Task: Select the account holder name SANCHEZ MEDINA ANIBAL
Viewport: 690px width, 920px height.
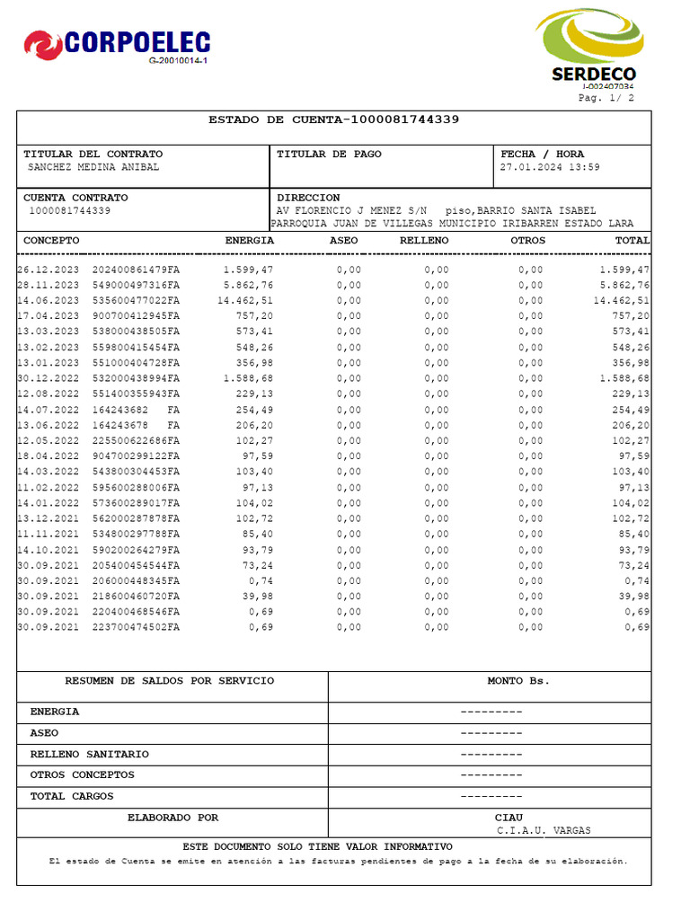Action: tap(93, 167)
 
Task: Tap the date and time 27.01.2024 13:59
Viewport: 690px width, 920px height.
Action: tap(550, 167)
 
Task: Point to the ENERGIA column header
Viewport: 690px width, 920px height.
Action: tap(249, 241)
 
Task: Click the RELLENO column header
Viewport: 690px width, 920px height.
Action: tap(424, 241)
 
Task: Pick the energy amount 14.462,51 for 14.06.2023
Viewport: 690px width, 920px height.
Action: tap(244, 301)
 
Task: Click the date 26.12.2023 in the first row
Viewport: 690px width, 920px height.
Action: tap(49, 270)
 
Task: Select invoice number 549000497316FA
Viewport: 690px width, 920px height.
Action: tap(136, 286)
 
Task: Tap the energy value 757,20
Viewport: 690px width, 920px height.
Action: tap(257, 316)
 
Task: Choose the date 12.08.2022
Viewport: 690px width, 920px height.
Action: tap(49, 394)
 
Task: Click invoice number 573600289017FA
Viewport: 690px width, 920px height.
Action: tap(136, 503)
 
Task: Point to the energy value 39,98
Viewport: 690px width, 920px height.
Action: tap(260, 597)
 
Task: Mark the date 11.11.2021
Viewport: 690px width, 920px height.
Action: tap(49, 535)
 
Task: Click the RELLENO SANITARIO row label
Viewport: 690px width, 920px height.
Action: tap(90, 754)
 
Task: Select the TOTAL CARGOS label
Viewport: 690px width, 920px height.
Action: tap(72, 796)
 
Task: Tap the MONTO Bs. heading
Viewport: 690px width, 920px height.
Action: tap(518, 681)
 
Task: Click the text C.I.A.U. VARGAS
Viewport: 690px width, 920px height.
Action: tap(544, 831)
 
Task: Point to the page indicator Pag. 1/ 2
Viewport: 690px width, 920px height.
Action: tap(606, 98)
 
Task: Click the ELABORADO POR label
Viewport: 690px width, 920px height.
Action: tap(172, 818)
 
